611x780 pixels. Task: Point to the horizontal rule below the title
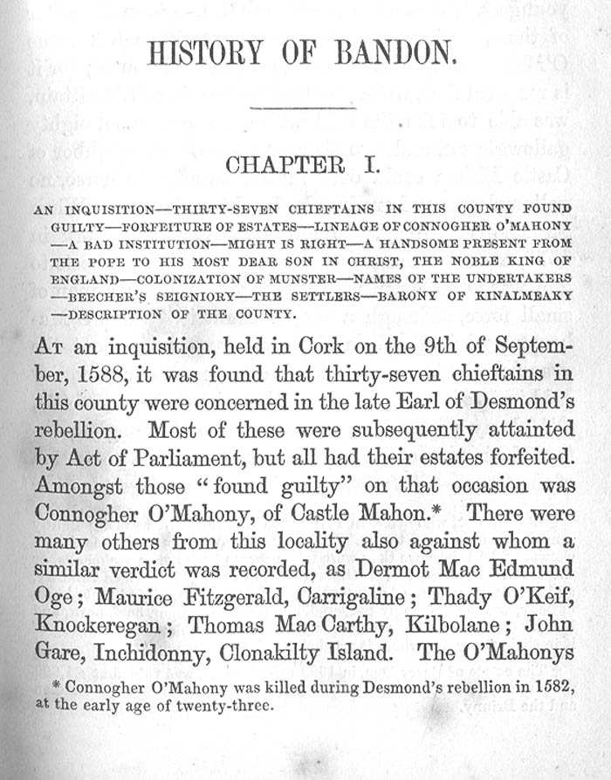pyautogui.click(x=303, y=108)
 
